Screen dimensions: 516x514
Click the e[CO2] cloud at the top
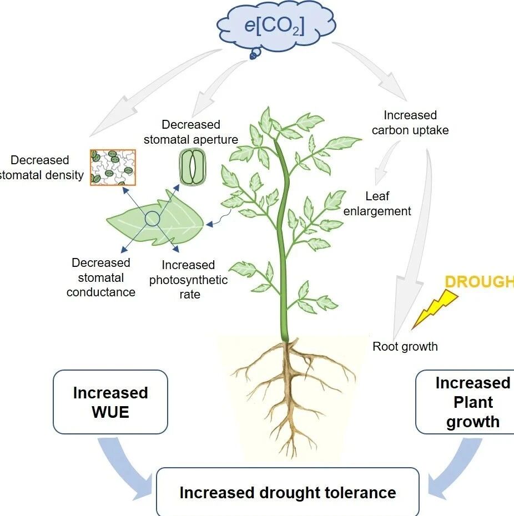pos(275,27)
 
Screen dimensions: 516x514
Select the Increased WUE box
pos(110,402)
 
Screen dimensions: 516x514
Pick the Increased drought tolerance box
pos(288,492)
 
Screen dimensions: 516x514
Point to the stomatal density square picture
pos(113,167)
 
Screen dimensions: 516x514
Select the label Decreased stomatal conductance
pos(101,277)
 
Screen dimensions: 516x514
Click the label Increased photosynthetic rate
pos(188,280)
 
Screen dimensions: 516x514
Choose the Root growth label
pos(405,347)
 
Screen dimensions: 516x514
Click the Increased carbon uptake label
pos(410,123)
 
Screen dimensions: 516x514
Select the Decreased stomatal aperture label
pos(190,131)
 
